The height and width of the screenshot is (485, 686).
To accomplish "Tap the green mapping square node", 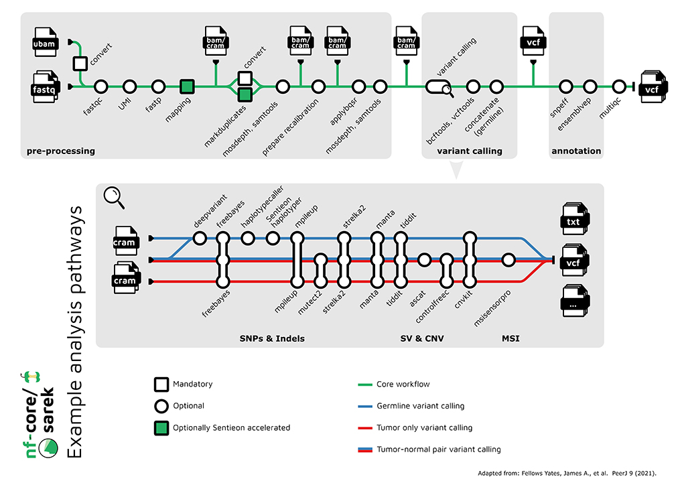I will point(188,86).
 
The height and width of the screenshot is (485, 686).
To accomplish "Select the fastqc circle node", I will point(101,86).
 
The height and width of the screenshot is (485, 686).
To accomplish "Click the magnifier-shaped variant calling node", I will point(439,86).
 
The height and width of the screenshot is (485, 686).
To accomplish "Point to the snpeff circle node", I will point(566,86).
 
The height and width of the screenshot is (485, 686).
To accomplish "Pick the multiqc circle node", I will point(616,86).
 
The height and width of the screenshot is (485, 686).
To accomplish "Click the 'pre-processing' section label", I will point(61,151).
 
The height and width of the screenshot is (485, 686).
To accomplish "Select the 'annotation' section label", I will point(576,151).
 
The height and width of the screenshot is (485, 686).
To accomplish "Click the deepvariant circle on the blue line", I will point(199,238).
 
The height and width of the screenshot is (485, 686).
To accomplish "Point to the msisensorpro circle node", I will point(508,259).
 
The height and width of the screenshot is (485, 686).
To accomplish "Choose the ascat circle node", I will point(423,259).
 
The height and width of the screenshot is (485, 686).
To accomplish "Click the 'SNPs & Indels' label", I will point(271,338).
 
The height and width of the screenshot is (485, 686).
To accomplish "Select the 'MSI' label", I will point(510,338).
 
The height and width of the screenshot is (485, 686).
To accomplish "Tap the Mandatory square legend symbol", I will point(161,385).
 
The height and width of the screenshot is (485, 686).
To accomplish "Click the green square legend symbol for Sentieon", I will point(161,427).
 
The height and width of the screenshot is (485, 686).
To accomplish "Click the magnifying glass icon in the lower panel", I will point(115,197).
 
